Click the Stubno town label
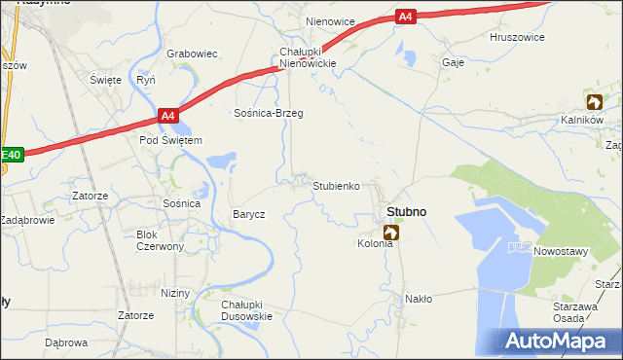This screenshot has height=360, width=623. coord(406,211)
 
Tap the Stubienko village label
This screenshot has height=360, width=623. coord(337,185)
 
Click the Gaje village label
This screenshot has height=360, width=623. coord(453,61)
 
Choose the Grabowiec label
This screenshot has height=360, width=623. coord(192,54)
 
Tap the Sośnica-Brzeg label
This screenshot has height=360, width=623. coord(269,113)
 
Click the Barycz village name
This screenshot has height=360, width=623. coord(248,214)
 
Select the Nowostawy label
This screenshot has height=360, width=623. coord(562,250)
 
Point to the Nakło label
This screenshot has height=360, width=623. coord(419,299)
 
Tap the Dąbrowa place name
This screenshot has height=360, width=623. coord(66,342)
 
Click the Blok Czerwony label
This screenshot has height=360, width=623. coord(161,240)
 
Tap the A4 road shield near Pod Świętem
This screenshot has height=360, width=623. coord(168,117)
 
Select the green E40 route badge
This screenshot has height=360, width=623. coord(10,154)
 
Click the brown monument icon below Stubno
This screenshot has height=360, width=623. coord(391,233)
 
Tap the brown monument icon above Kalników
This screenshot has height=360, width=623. coord(594,101)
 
